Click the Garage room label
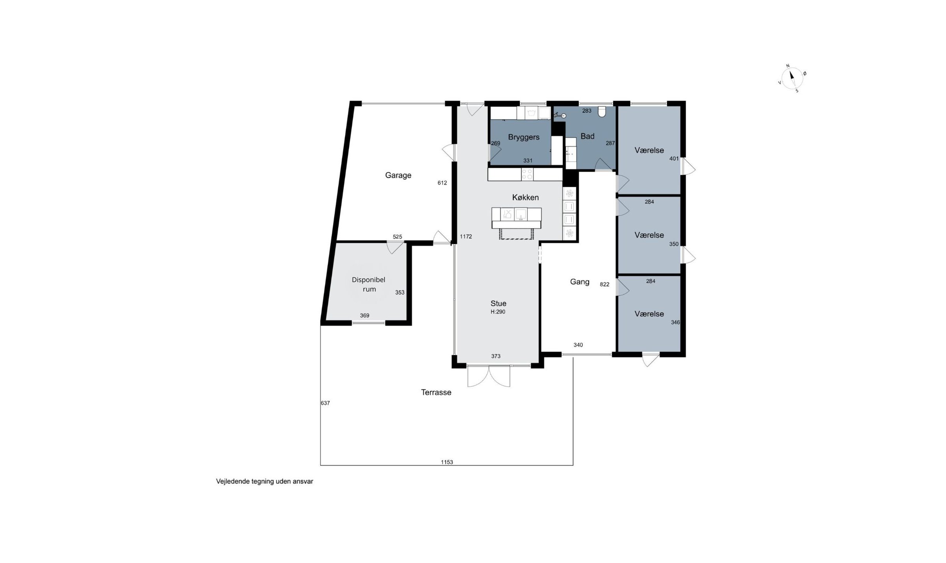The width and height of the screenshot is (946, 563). pyautogui.click(x=398, y=176)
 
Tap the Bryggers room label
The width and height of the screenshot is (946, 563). pyautogui.click(x=524, y=137)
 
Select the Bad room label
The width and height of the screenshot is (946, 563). pyautogui.click(x=587, y=136)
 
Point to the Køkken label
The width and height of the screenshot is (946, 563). pyautogui.click(x=526, y=197)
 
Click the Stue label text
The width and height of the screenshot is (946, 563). pyautogui.click(x=498, y=303)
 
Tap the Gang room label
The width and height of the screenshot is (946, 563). pyautogui.click(x=580, y=282)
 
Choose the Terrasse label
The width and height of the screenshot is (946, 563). pyautogui.click(x=436, y=392)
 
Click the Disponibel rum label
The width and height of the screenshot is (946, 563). pyautogui.click(x=369, y=284)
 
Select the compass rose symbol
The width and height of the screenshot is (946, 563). pyautogui.click(x=792, y=78)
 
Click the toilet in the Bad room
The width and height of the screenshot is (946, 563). pyautogui.click(x=602, y=112)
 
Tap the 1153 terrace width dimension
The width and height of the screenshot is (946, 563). pyautogui.click(x=447, y=462)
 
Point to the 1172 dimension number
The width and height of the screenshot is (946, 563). pyautogui.click(x=466, y=236)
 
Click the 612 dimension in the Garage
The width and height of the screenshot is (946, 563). pyautogui.click(x=442, y=183)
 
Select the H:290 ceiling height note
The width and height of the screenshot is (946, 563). pyautogui.click(x=498, y=312)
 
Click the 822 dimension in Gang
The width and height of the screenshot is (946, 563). pyautogui.click(x=605, y=284)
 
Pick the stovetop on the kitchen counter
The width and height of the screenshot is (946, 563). pyautogui.click(x=527, y=174)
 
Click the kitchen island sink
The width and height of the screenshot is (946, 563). pyautogui.click(x=521, y=214)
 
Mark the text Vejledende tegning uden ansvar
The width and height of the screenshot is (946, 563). pyautogui.click(x=265, y=482)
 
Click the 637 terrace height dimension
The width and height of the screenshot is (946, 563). pyautogui.click(x=325, y=403)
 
